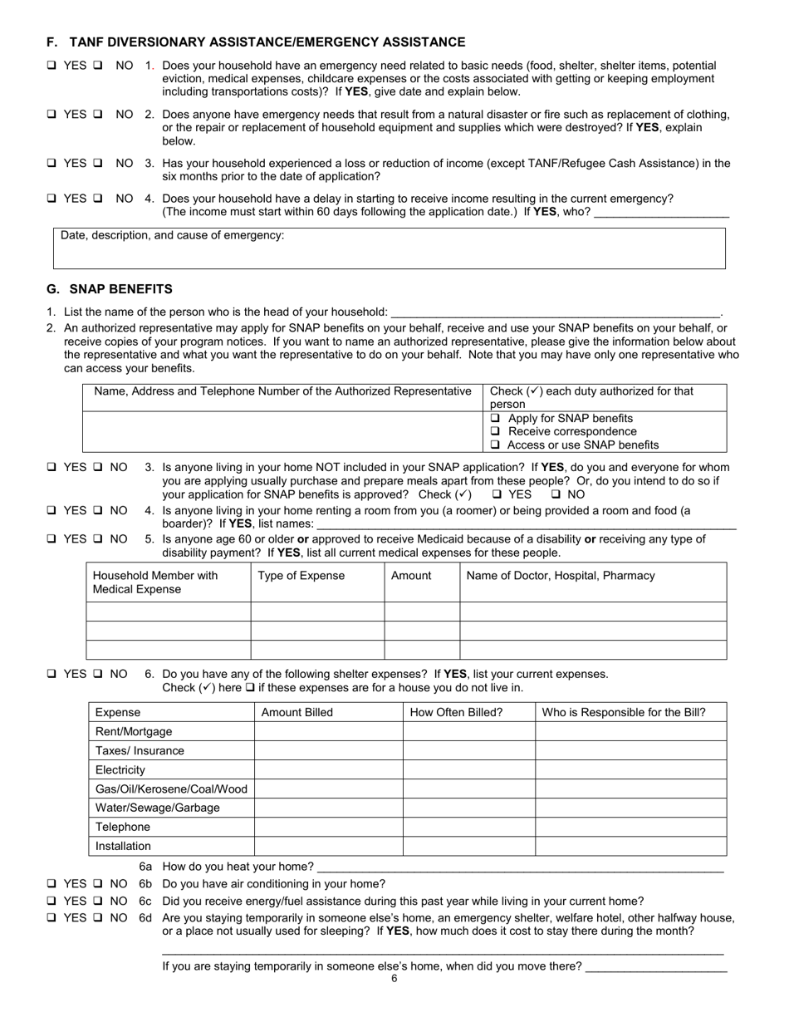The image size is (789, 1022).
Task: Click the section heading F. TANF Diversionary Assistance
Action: [x=256, y=42]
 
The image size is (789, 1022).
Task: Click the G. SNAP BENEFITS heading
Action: [x=110, y=289]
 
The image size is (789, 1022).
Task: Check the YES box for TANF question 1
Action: [x=51, y=66]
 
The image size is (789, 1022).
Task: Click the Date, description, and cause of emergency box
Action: [x=389, y=248]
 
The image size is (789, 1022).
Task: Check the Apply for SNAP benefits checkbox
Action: [x=496, y=419]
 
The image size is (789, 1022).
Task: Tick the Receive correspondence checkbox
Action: [x=496, y=432]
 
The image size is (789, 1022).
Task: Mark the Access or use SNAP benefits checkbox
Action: [x=496, y=445]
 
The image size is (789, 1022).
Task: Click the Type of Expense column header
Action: [x=301, y=576]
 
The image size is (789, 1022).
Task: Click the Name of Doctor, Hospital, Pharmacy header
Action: [x=561, y=576]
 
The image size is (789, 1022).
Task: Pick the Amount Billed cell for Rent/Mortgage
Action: [x=328, y=732]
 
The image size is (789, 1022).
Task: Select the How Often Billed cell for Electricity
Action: [x=468, y=770]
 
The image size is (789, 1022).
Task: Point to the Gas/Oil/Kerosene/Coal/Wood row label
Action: [x=171, y=789]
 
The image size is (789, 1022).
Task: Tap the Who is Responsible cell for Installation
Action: [x=630, y=847]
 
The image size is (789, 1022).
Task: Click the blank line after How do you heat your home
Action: [x=519, y=867]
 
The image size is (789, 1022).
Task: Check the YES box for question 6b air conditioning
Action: [x=51, y=884]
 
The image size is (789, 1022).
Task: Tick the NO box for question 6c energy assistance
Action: [x=97, y=902]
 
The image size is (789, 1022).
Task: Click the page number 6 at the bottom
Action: [x=394, y=979]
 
